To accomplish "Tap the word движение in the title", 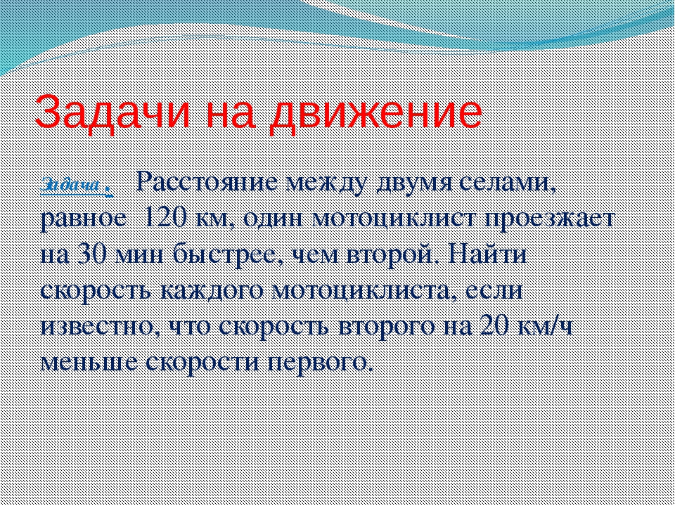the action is [375, 112].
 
